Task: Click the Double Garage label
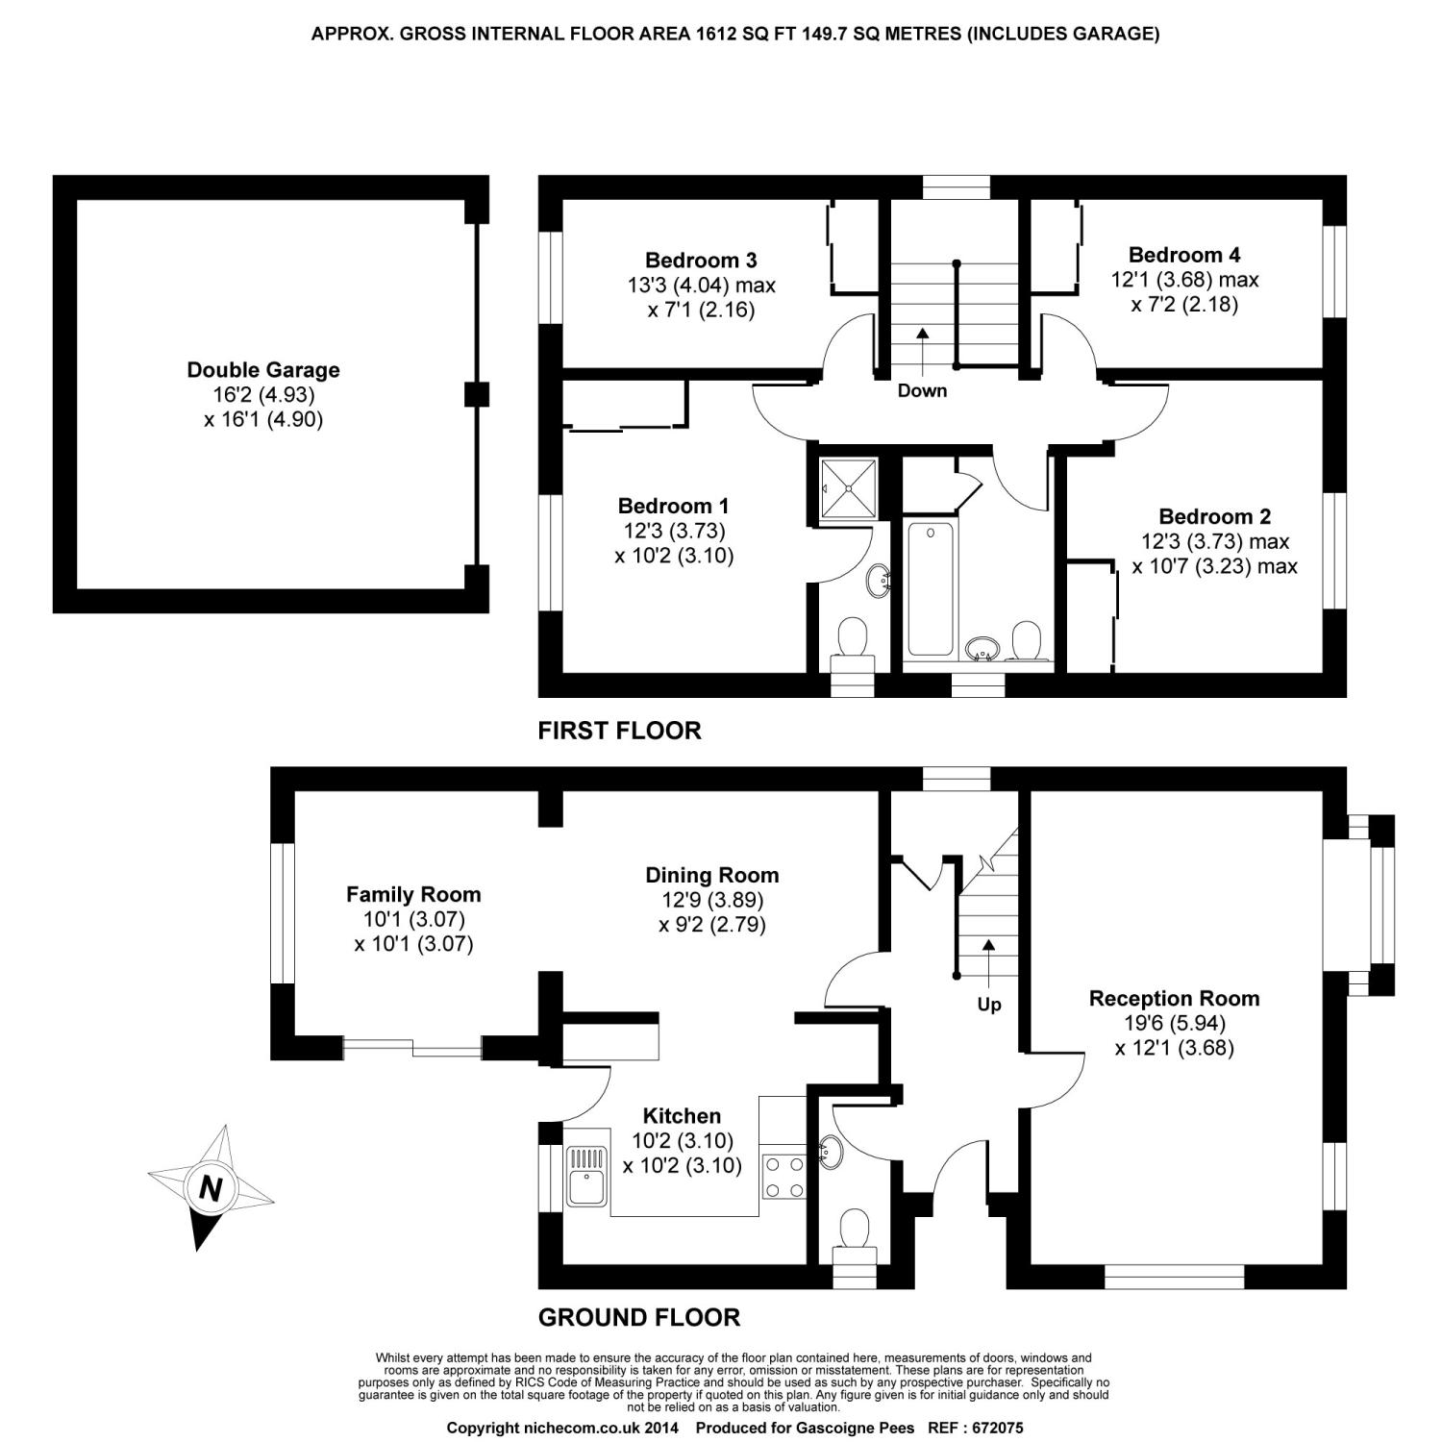[x=263, y=370]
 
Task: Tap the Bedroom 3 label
[x=701, y=260]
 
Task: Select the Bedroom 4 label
[x=1184, y=255]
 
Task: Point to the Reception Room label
[x=1174, y=999]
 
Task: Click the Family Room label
[x=413, y=895]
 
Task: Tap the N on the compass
[x=209, y=1188]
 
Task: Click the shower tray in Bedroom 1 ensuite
[x=849, y=488]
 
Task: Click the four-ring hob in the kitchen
[x=784, y=1176]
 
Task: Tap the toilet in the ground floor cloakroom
[x=854, y=1233]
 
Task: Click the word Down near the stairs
[x=922, y=390]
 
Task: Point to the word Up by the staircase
[x=989, y=1005]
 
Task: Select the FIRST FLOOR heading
[x=619, y=731]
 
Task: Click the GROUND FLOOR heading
[x=639, y=1317]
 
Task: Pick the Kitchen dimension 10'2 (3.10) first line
[x=683, y=1141]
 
